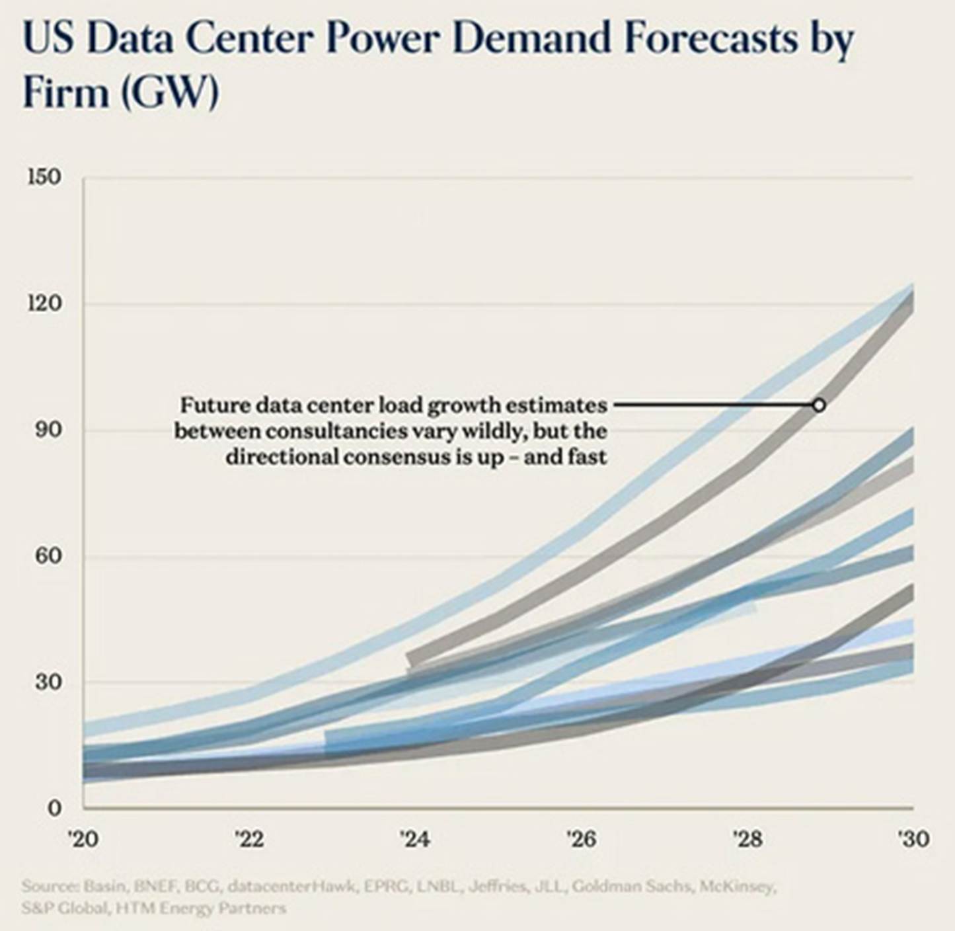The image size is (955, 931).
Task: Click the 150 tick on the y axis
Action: tap(44, 177)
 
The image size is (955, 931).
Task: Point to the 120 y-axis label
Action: tap(44, 304)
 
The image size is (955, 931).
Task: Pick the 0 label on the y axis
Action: tap(54, 807)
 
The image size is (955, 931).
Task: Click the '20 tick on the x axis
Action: tap(83, 839)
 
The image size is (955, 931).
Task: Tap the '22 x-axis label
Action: tap(249, 839)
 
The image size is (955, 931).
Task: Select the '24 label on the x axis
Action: tap(415, 839)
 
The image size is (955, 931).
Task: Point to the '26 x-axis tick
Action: tap(581, 839)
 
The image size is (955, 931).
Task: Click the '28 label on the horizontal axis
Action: tap(747, 839)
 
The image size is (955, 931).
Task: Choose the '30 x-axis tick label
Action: tap(913, 839)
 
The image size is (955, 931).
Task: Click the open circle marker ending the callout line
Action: tap(819, 405)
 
